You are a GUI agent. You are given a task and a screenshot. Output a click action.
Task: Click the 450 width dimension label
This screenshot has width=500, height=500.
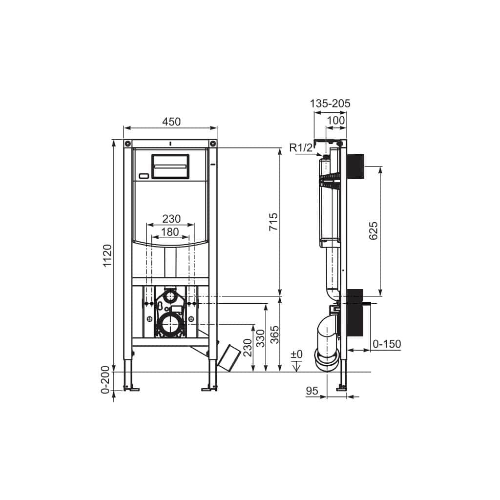click(170, 122)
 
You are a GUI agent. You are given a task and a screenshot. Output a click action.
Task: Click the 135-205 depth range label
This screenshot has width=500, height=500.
click(330, 104)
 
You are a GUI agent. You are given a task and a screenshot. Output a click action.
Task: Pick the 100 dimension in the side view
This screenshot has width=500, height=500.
click(335, 120)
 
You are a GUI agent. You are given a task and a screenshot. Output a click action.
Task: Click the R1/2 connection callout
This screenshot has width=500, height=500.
click(301, 148)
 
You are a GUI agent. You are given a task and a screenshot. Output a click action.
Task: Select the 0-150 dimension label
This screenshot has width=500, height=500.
click(386, 344)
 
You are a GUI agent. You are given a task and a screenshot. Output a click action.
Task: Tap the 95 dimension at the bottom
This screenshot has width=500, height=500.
click(312, 391)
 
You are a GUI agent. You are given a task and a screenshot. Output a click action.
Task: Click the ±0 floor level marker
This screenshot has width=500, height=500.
click(297, 354)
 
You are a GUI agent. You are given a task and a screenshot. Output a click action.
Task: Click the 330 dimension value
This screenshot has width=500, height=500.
click(261, 338)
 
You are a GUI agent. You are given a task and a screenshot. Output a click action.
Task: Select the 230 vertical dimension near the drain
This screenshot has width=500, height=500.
click(248, 348)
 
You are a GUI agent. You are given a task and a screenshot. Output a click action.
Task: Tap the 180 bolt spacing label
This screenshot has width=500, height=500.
click(170, 232)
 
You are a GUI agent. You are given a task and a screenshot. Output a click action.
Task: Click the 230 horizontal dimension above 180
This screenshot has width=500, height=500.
click(171, 218)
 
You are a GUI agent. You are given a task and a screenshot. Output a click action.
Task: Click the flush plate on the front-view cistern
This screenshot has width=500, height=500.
click(170, 167)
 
